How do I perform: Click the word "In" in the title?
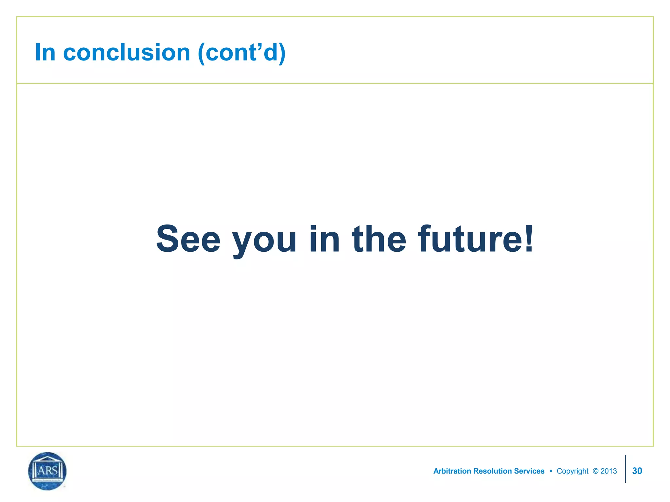(45, 52)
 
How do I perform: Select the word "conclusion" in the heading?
(127, 52)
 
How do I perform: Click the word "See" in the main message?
(188, 239)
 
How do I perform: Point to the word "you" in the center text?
(264, 242)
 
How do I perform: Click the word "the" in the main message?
(379, 239)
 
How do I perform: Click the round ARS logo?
(47, 471)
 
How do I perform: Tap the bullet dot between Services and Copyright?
(551, 471)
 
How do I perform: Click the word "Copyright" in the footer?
(573, 471)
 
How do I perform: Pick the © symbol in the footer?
(595, 471)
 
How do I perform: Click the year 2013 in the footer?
(609, 471)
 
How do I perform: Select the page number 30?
(637, 471)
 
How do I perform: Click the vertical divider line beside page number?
(625, 469)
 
